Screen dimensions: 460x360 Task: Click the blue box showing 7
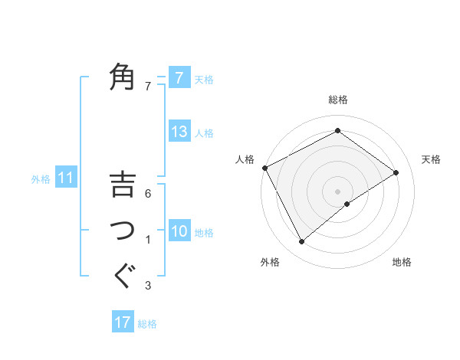179,78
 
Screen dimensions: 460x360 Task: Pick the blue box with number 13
179,132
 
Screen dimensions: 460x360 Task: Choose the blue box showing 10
179,231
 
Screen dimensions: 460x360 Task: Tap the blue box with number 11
66,178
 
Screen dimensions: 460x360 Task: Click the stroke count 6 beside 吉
148,193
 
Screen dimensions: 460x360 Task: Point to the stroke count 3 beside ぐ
148,286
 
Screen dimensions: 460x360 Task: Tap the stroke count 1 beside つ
148,241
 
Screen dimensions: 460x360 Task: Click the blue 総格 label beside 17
147,324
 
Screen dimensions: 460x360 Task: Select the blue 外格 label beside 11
41,179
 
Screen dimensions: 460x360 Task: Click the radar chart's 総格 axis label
337,100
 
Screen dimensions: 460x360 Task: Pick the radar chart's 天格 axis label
431,159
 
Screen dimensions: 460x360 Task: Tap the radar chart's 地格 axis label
402,262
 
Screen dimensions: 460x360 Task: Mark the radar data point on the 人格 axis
264,168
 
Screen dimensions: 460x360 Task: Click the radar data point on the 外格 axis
302,242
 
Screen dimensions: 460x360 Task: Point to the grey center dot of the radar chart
337,190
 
